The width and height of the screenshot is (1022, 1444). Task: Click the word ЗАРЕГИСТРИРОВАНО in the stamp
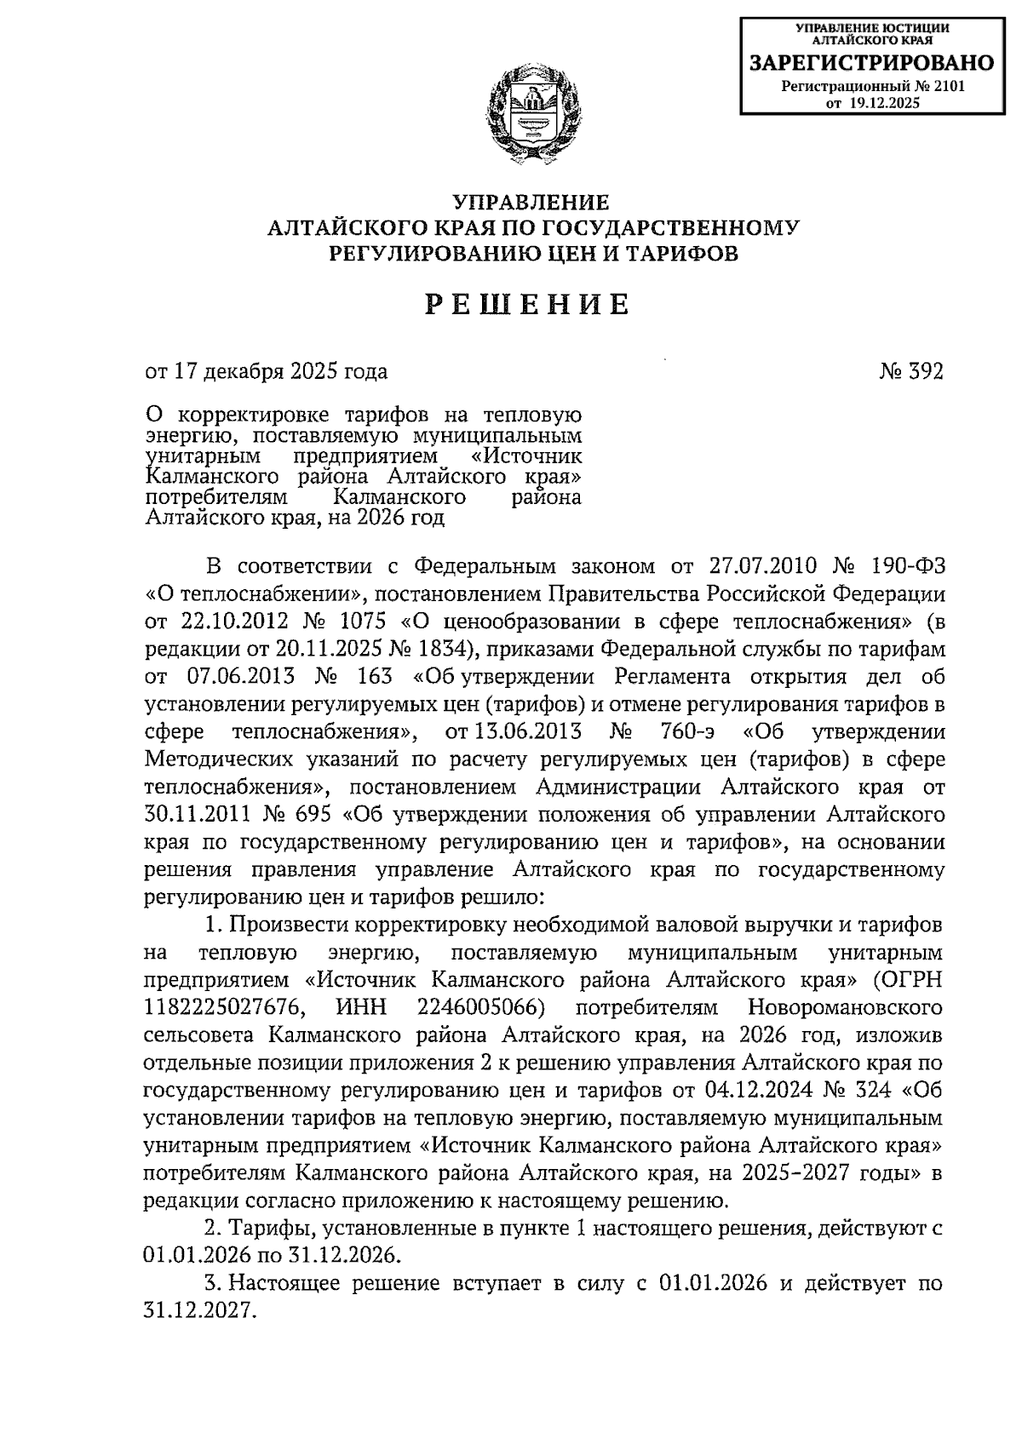[870, 63]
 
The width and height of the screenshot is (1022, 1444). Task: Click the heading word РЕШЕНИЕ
[529, 304]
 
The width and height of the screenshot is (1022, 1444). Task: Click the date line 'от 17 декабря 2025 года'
[267, 372]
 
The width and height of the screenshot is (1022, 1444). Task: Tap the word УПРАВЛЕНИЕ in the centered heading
[530, 203]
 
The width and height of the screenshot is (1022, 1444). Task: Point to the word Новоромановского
[845, 1008]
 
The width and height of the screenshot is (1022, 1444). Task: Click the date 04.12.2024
[767, 1091]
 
